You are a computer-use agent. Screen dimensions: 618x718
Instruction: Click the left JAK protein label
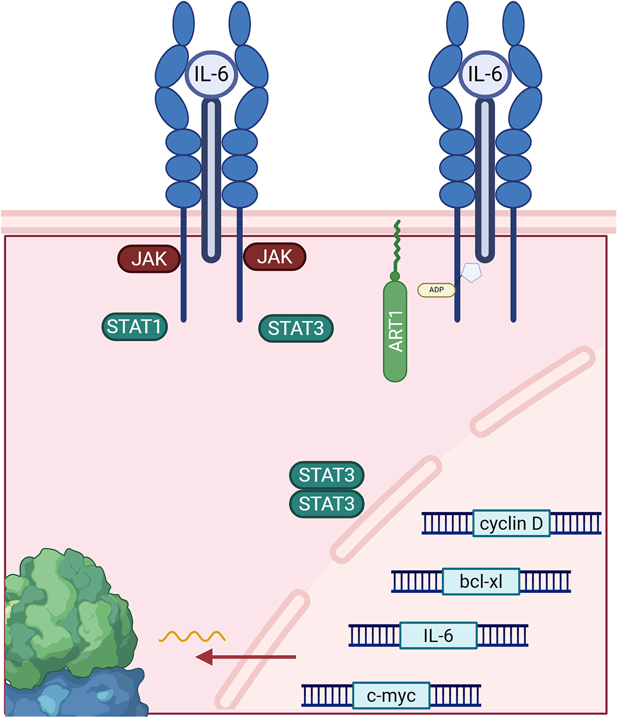[149, 259]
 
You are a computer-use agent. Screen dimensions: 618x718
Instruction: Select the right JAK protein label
[274, 256]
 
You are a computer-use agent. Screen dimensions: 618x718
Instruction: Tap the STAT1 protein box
[134, 327]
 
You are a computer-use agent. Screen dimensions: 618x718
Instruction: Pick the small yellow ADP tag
[436, 290]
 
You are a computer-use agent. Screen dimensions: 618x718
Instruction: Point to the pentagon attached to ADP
[471, 272]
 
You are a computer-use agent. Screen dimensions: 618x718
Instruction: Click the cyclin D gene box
[511, 523]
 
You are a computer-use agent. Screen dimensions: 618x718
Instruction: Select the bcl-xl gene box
[481, 582]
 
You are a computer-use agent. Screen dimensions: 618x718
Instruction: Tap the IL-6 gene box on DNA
[439, 636]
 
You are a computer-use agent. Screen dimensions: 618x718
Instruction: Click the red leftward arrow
[246, 657]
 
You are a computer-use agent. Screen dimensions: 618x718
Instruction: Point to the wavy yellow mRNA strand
[192, 636]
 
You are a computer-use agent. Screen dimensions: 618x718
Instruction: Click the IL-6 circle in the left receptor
[211, 74]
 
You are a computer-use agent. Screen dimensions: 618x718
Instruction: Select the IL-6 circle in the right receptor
[485, 74]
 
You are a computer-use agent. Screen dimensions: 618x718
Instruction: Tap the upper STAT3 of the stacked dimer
[327, 475]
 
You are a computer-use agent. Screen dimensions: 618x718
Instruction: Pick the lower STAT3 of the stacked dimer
[327, 504]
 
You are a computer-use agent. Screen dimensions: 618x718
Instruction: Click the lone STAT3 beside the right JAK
[296, 328]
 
